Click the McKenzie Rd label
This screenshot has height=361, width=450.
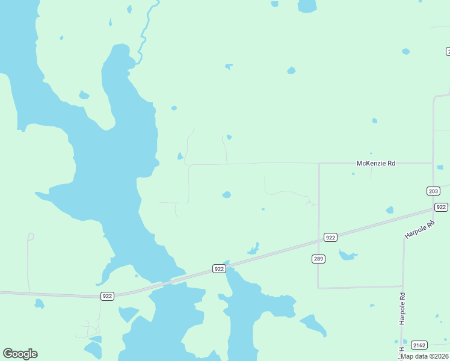tap(376, 163)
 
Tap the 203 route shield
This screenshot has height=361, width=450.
tap(433, 191)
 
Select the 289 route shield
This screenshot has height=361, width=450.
tap(319, 259)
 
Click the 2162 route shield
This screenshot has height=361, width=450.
tap(419, 345)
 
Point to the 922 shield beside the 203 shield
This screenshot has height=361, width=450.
tap(441, 207)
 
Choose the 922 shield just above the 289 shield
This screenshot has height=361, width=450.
tap(330, 237)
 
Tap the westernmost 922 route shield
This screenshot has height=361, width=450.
tap(107, 295)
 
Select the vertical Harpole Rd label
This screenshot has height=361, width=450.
tap(402, 309)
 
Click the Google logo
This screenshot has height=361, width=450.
tap(20, 354)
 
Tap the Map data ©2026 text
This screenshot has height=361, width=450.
tap(425, 356)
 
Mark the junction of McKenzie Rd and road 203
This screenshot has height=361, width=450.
tap(433, 162)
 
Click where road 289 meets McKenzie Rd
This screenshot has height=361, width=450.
tap(319, 163)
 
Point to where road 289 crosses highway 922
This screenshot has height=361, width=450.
tap(319, 241)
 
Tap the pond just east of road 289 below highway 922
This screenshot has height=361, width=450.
tap(347, 256)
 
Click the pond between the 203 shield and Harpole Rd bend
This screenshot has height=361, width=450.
tap(390, 210)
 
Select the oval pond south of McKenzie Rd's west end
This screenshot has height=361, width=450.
tap(226, 194)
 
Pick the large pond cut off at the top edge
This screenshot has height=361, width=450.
tap(307, 5)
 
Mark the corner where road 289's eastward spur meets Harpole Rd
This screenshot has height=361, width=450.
tap(402, 286)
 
